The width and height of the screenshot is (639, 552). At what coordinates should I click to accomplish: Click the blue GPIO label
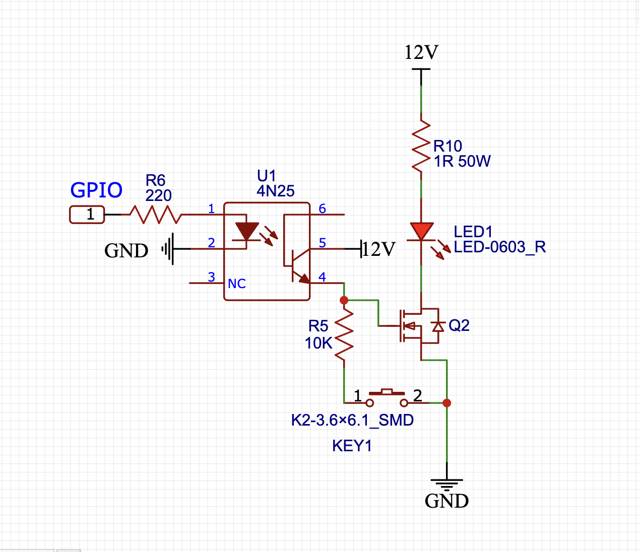[x=96, y=190]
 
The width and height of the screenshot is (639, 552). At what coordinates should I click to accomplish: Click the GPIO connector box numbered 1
[x=87, y=215]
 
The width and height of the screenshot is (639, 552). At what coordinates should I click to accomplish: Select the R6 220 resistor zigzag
[x=156, y=215]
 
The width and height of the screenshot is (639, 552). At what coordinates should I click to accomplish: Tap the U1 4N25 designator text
[x=275, y=184]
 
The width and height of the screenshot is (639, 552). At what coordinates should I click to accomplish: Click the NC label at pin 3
[x=237, y=284]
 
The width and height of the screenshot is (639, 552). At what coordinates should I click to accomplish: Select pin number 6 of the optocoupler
[x=323, y=209]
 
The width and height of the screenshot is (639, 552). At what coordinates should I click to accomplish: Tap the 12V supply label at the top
[x=421, y=52]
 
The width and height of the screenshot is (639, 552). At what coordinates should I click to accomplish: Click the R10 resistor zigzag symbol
[x=421, y=149]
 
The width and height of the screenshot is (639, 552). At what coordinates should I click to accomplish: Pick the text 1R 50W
[x=462, y=162]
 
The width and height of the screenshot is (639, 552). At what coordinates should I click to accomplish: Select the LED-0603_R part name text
[x=499, y=247]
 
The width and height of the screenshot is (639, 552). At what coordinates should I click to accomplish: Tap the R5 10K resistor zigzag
[x=344, y=335]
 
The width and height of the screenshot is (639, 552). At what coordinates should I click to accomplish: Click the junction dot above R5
[x=344, y=300]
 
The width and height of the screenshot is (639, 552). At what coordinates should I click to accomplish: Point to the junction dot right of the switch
[x=446, y=403]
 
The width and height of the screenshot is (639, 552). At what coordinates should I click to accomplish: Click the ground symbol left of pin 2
[x=168, y=249]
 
